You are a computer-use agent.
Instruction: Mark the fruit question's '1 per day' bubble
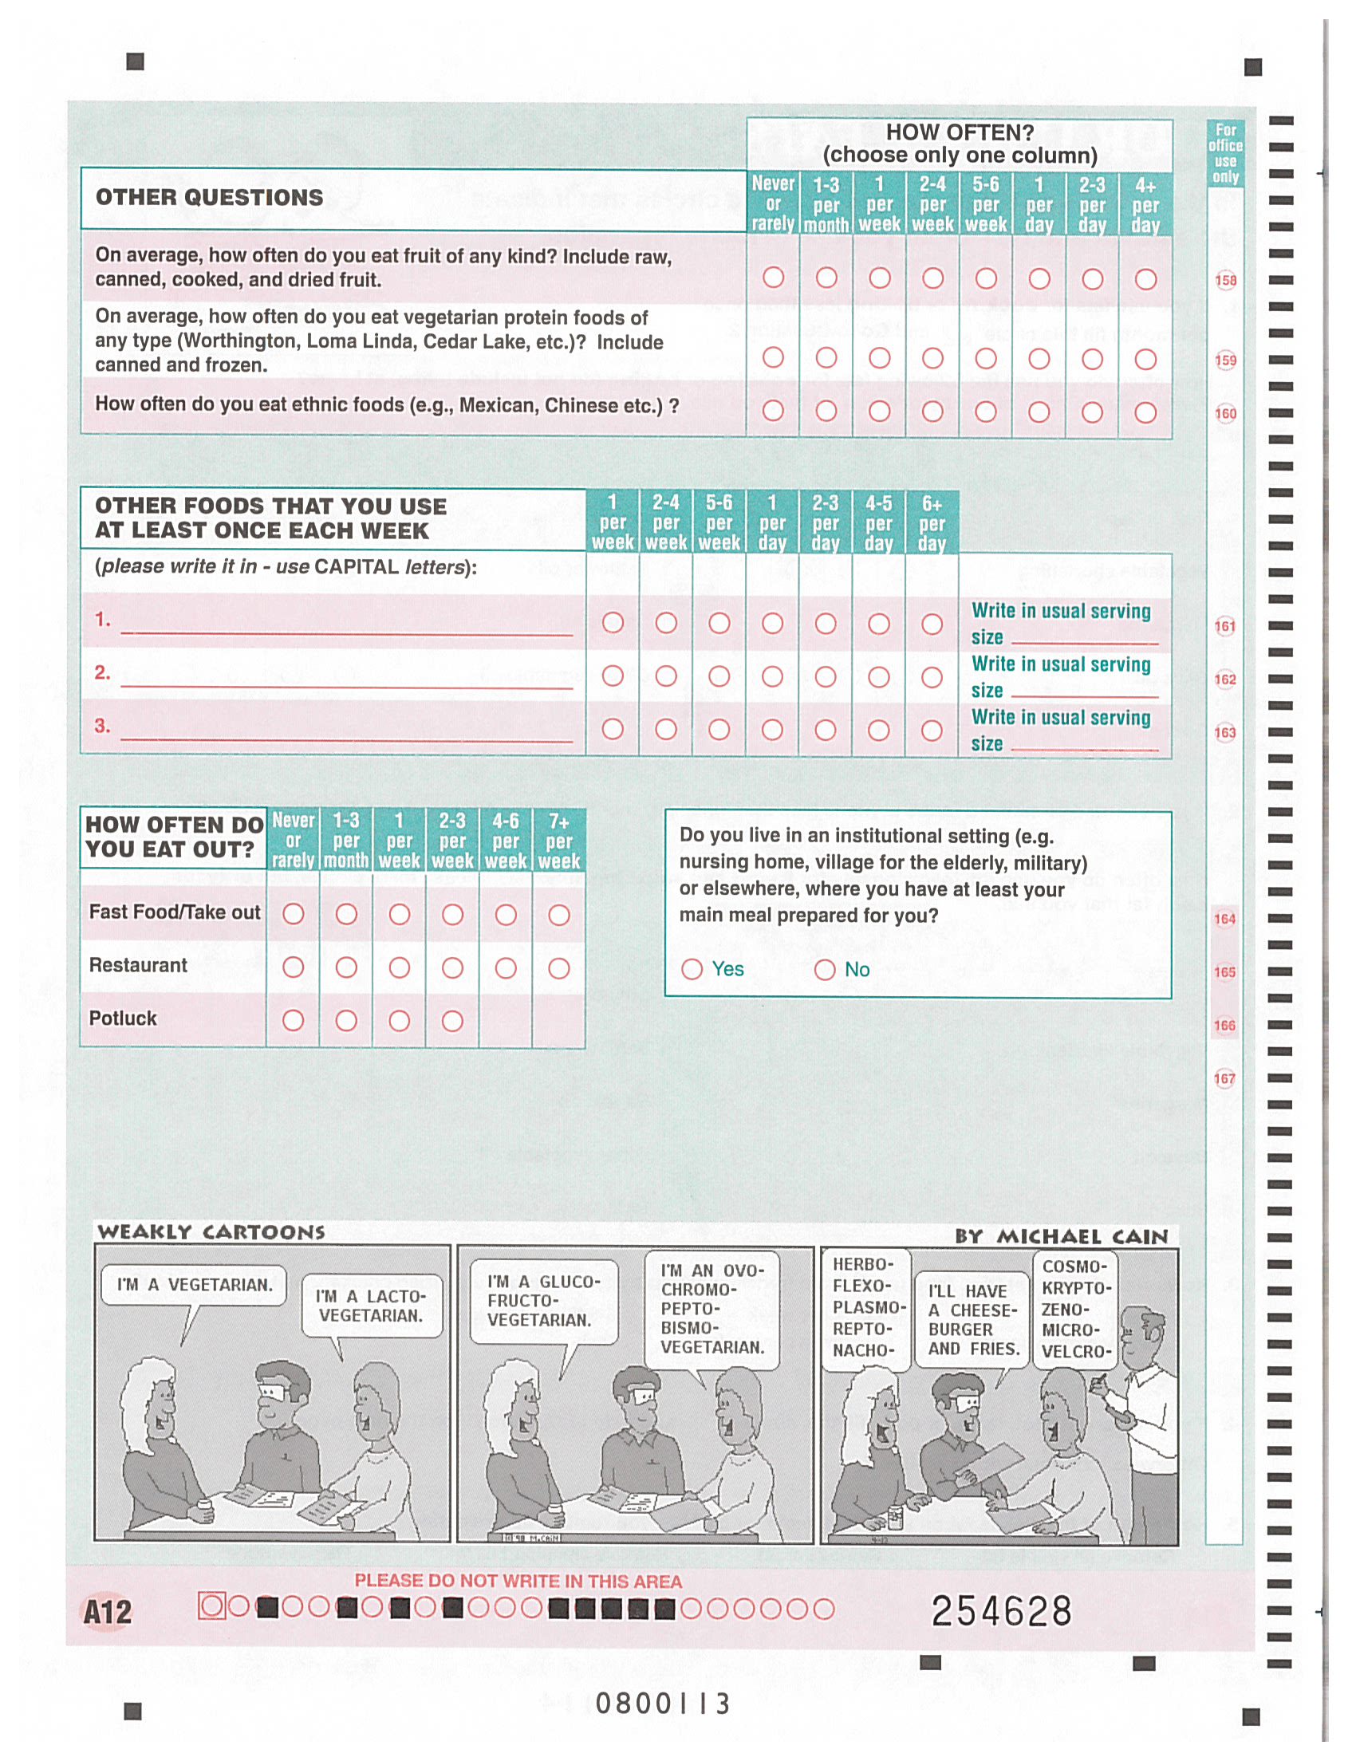pos(1039,278)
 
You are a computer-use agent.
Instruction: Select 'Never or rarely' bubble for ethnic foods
pos(773,412)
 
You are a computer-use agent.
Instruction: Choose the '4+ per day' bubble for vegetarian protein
pos(1145,358)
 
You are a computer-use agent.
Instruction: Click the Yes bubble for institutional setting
pos(692,969)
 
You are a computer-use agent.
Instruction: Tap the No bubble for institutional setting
pos(825,969)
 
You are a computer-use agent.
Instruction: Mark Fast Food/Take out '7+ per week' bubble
pos(558,914)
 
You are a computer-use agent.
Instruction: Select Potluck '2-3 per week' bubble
pos(452,1021)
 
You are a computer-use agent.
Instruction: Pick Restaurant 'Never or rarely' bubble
pos(294,967)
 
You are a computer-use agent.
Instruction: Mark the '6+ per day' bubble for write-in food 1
pos(932,623)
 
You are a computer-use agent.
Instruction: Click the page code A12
pos(107,1612)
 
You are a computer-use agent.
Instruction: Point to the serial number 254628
pos(1001,1612)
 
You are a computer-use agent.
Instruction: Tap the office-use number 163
pos(1224,732)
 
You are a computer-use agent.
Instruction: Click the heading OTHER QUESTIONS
pos(210,198)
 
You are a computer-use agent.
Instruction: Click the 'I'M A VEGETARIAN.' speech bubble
pos(194,1286)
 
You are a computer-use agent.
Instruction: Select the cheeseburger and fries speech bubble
pos(973,1319)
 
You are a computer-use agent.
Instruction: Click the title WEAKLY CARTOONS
pos(211,1232)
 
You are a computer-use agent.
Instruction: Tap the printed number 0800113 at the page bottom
pos(663,1704)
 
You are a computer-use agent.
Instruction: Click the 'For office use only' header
pos(1225,153)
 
